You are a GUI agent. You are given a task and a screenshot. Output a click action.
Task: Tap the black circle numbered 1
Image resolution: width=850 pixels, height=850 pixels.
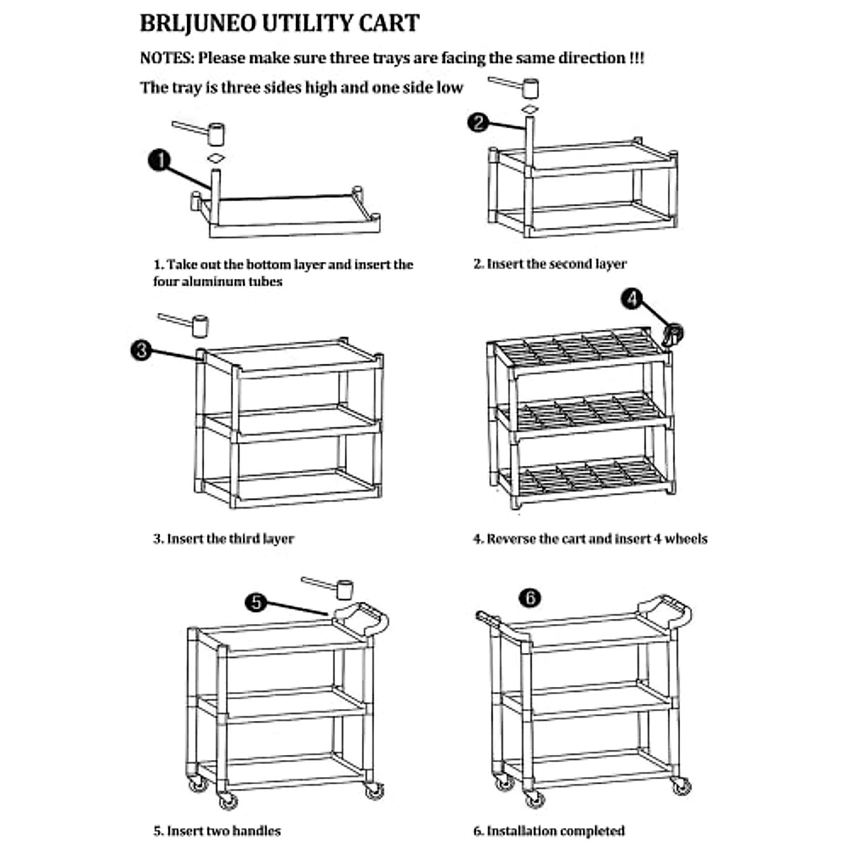coord(159,160)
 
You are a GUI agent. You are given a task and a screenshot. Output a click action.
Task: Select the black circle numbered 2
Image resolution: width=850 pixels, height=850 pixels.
coord(478,123)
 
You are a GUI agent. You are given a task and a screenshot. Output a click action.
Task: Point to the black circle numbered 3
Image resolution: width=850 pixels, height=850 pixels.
coord(141,349)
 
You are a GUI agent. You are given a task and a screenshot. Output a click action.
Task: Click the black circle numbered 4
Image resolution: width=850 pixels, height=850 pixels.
coord(631,298)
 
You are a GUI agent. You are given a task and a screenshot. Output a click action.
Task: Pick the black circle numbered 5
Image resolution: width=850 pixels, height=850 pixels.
coord(256,602)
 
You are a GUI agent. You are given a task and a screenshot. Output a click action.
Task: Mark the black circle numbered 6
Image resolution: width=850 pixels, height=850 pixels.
coord(529,598)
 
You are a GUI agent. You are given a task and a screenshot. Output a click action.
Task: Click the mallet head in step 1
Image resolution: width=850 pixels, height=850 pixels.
coord(215,133)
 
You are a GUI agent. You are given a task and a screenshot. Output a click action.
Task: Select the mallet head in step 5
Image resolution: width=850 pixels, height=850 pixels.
coord(344,589)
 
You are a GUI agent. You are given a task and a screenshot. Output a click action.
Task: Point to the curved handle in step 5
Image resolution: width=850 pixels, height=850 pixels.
coord(362,618)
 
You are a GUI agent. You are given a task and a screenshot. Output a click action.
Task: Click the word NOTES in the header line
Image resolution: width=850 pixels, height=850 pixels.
coord(166,58)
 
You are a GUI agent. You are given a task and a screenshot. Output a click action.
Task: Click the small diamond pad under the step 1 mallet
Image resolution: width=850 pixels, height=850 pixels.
coord(216,157)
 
